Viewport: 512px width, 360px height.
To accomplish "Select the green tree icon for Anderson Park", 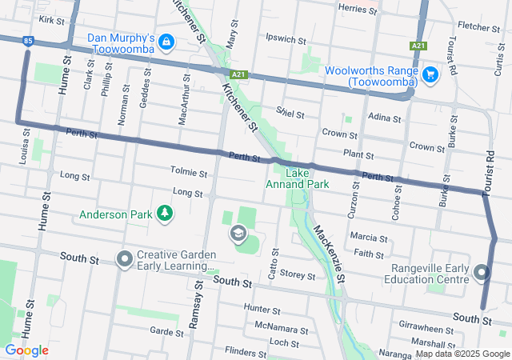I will (165, 214).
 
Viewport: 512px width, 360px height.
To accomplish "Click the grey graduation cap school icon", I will (237, 234).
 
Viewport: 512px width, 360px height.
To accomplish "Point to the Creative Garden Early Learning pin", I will (124, 259).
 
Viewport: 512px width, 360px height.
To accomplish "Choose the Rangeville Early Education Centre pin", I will (481, 274).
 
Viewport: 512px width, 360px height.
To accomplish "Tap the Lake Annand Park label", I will (297, 178).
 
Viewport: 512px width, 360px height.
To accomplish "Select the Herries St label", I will (358, 9).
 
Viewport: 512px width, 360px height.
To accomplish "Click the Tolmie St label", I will (189, 172).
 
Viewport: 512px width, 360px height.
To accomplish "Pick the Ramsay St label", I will (198, 308).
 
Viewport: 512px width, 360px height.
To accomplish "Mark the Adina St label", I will (385, 118).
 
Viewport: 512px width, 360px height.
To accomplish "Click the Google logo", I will (26, 350).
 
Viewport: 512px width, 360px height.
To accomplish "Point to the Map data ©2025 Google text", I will (462, 354).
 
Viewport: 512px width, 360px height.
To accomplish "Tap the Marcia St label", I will (369, 238).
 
